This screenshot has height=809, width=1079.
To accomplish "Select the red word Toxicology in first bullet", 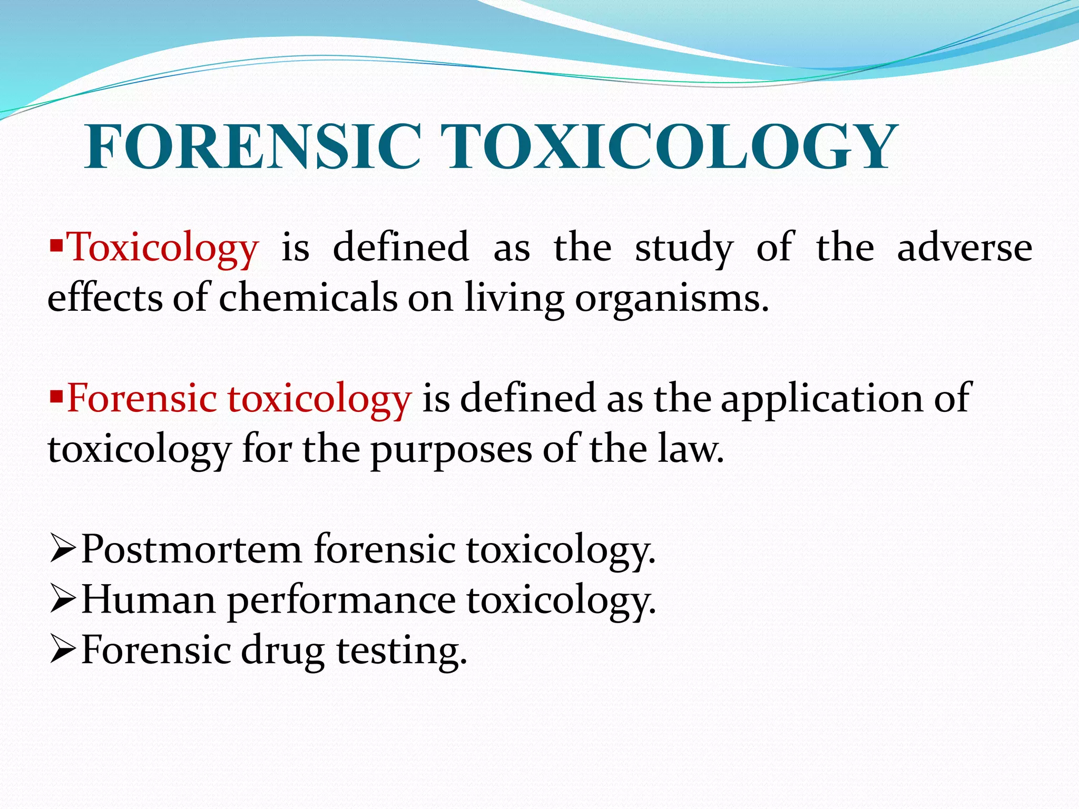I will (x=163, y=248).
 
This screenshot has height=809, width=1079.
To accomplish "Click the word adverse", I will (x=964, y=248).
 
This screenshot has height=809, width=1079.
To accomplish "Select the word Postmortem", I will (x=192, y=549).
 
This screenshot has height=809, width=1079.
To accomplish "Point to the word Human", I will (x=149, y=600).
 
